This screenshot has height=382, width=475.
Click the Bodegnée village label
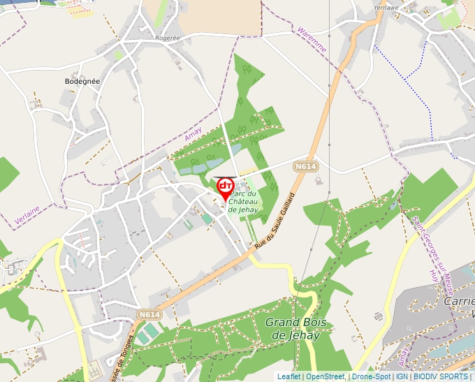coord(82,81)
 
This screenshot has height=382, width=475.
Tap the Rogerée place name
coord(168,38)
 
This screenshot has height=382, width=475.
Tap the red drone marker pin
coord(225,188)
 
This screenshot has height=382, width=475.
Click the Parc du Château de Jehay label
coord(243,202)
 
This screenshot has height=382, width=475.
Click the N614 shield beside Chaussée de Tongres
coord(148,315)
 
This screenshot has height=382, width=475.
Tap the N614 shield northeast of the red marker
coord(305,166)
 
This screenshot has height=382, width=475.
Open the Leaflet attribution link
coord(288,376)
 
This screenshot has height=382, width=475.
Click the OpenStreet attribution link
coord(325,376)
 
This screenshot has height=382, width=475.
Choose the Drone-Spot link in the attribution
coord(371,376)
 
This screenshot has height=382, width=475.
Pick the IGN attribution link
coord(402,376)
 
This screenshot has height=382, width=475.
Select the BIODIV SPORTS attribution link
coord(440,376)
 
